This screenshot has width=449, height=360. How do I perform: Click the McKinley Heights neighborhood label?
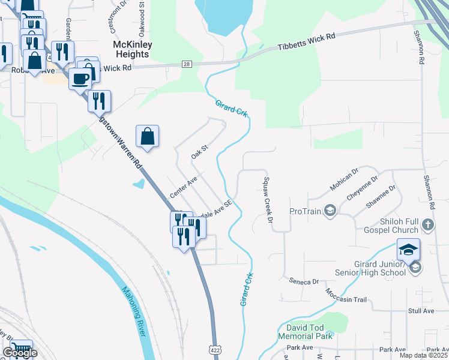coord(131,49)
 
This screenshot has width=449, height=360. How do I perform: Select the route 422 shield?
coord(214,348)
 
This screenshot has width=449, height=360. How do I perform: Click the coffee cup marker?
coord(80,79)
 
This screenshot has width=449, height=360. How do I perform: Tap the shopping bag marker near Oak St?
coord(147,137)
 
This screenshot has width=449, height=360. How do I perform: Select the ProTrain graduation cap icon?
coord(330,210)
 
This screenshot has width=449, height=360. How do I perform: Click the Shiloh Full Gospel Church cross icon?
coord(427,225)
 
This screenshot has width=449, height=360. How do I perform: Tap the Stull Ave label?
coord(421,311)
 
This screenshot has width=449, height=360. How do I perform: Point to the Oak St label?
coord(199,151)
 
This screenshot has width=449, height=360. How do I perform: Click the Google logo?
coord(20,353)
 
